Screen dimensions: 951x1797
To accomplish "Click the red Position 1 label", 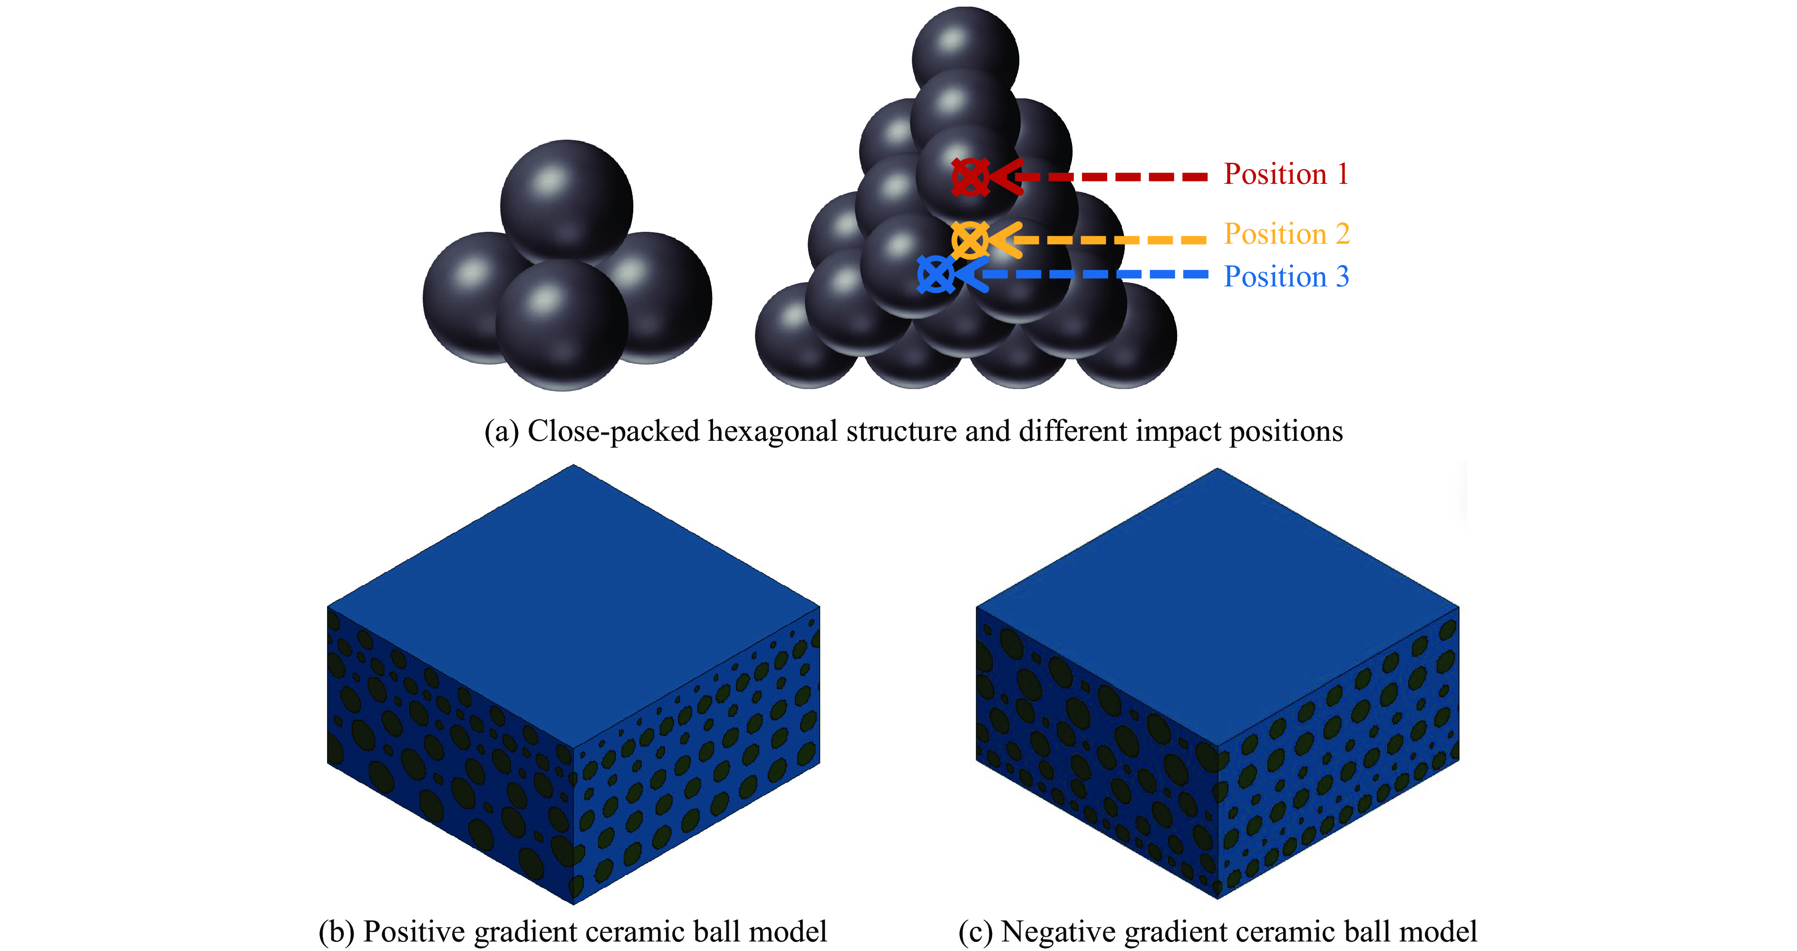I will tap(1285, 174).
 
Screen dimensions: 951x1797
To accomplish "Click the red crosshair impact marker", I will tap(970, 177).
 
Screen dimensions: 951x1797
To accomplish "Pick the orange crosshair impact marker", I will tap(970, 240).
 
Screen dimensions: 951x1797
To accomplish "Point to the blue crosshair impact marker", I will tap(936, 275).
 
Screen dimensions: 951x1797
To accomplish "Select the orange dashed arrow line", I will tap(1116, 240).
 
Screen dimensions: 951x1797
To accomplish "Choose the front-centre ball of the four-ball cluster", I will tap(561, 324).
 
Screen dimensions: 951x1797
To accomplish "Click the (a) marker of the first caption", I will tap(502, 432).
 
